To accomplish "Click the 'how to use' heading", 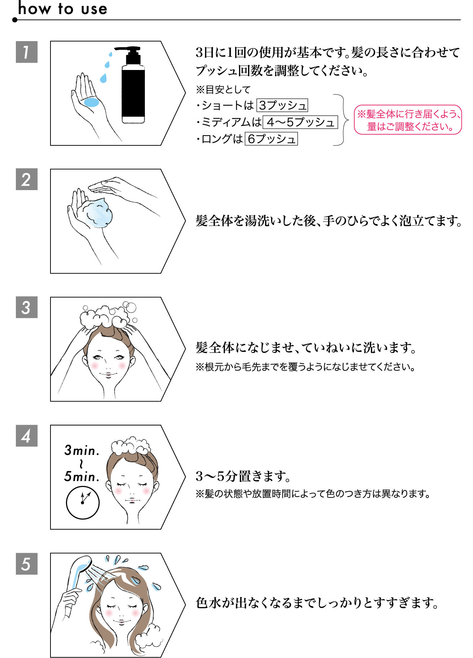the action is tap(63, 9).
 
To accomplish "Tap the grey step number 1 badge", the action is tap(27, 52).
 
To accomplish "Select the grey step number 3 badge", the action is tap(27, 307).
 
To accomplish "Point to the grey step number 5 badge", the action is tap(27, 564).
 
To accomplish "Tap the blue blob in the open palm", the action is tap(92, 102).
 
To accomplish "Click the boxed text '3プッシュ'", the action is tap(282, 105).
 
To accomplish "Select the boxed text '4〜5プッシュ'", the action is tap(300, 122).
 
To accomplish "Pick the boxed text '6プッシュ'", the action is tap(271, 139).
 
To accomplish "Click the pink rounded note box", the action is tap(408, 120).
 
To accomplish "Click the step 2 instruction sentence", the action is tap(328, 221).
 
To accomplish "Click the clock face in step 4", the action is tap(83, 503).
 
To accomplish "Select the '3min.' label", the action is tap(82, 450).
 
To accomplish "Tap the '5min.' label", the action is tap(82, 477).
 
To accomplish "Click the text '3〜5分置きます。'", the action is tap(243, 476).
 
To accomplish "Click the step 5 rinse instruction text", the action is tap(317, 603).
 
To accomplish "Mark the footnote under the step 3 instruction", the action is tap(305, 367).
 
